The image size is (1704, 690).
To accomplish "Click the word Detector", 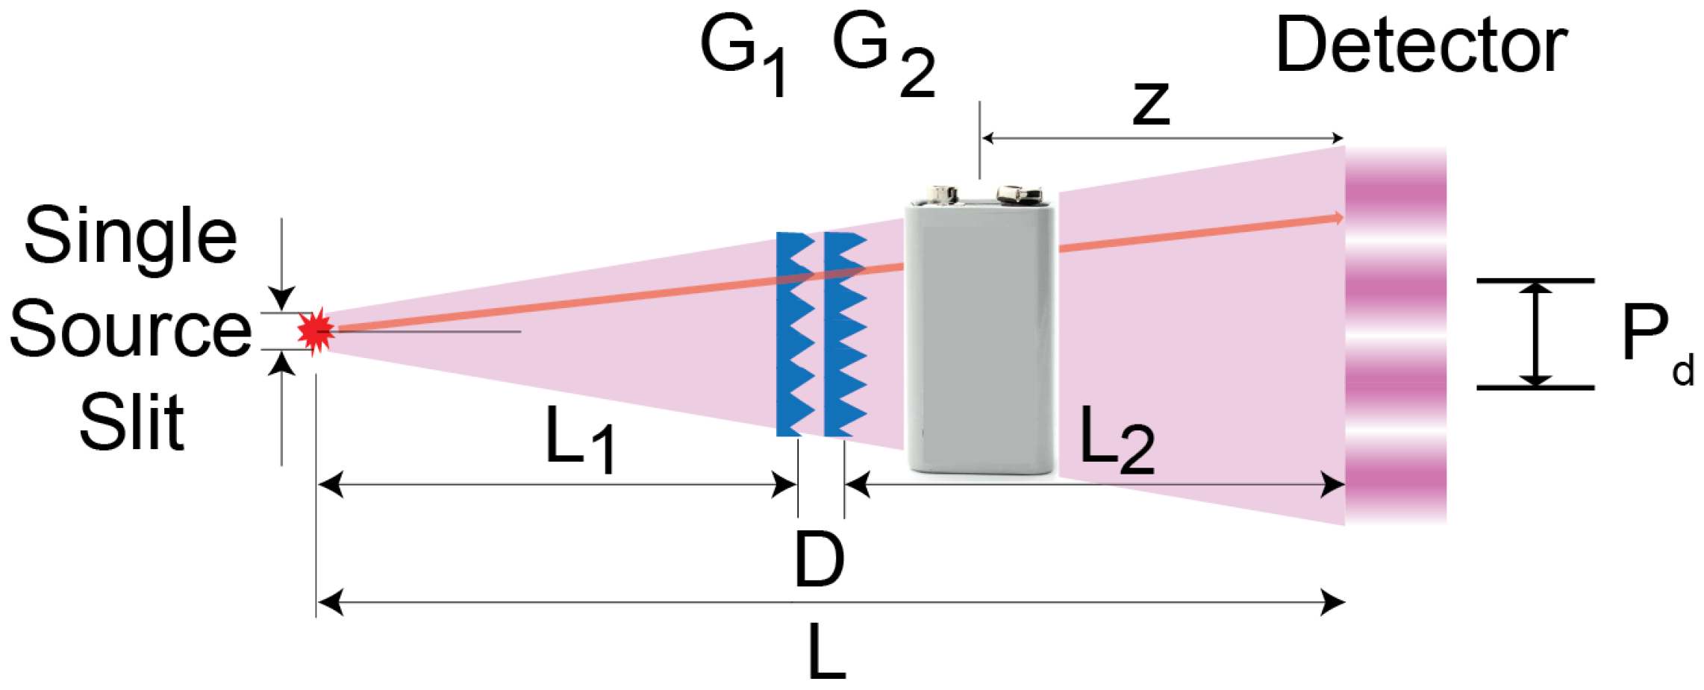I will coord(1421,46).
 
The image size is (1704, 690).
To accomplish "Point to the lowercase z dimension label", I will coord(1150,104).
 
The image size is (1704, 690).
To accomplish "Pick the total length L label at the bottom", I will coord(827,653).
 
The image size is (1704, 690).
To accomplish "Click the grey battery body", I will coord(981,336).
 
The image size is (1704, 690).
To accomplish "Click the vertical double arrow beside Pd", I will coord(1535,334).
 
